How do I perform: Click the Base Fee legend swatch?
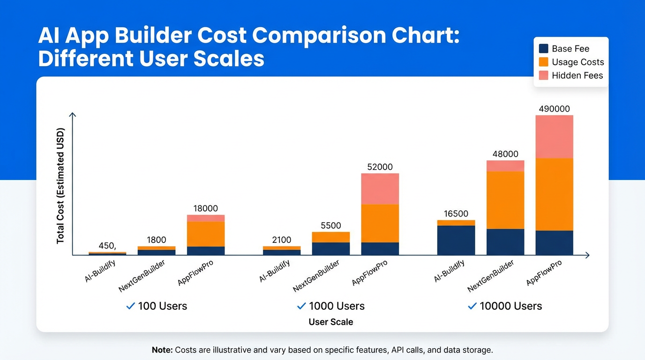coord(544,49)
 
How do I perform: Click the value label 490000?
coord(554,109)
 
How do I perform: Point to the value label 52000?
coord(380,167)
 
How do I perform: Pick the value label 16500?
coord(456,214)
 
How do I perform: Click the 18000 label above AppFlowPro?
coord(205,209)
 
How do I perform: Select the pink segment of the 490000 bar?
coord(554,137)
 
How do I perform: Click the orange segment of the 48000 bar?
coord(505,200)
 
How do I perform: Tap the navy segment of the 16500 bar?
coord(456,240)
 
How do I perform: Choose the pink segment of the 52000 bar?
coord(380,189)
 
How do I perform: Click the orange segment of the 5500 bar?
coord(330,237)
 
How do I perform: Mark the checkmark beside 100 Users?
coord(131,306)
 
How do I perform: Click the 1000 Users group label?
coord(337,306)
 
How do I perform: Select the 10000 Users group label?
coord(510,306)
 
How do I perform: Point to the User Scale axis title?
coord(330,322)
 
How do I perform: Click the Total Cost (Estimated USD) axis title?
coord(60,185)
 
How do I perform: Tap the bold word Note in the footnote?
coord(162,350)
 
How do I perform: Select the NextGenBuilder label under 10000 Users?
coord(491,276)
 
